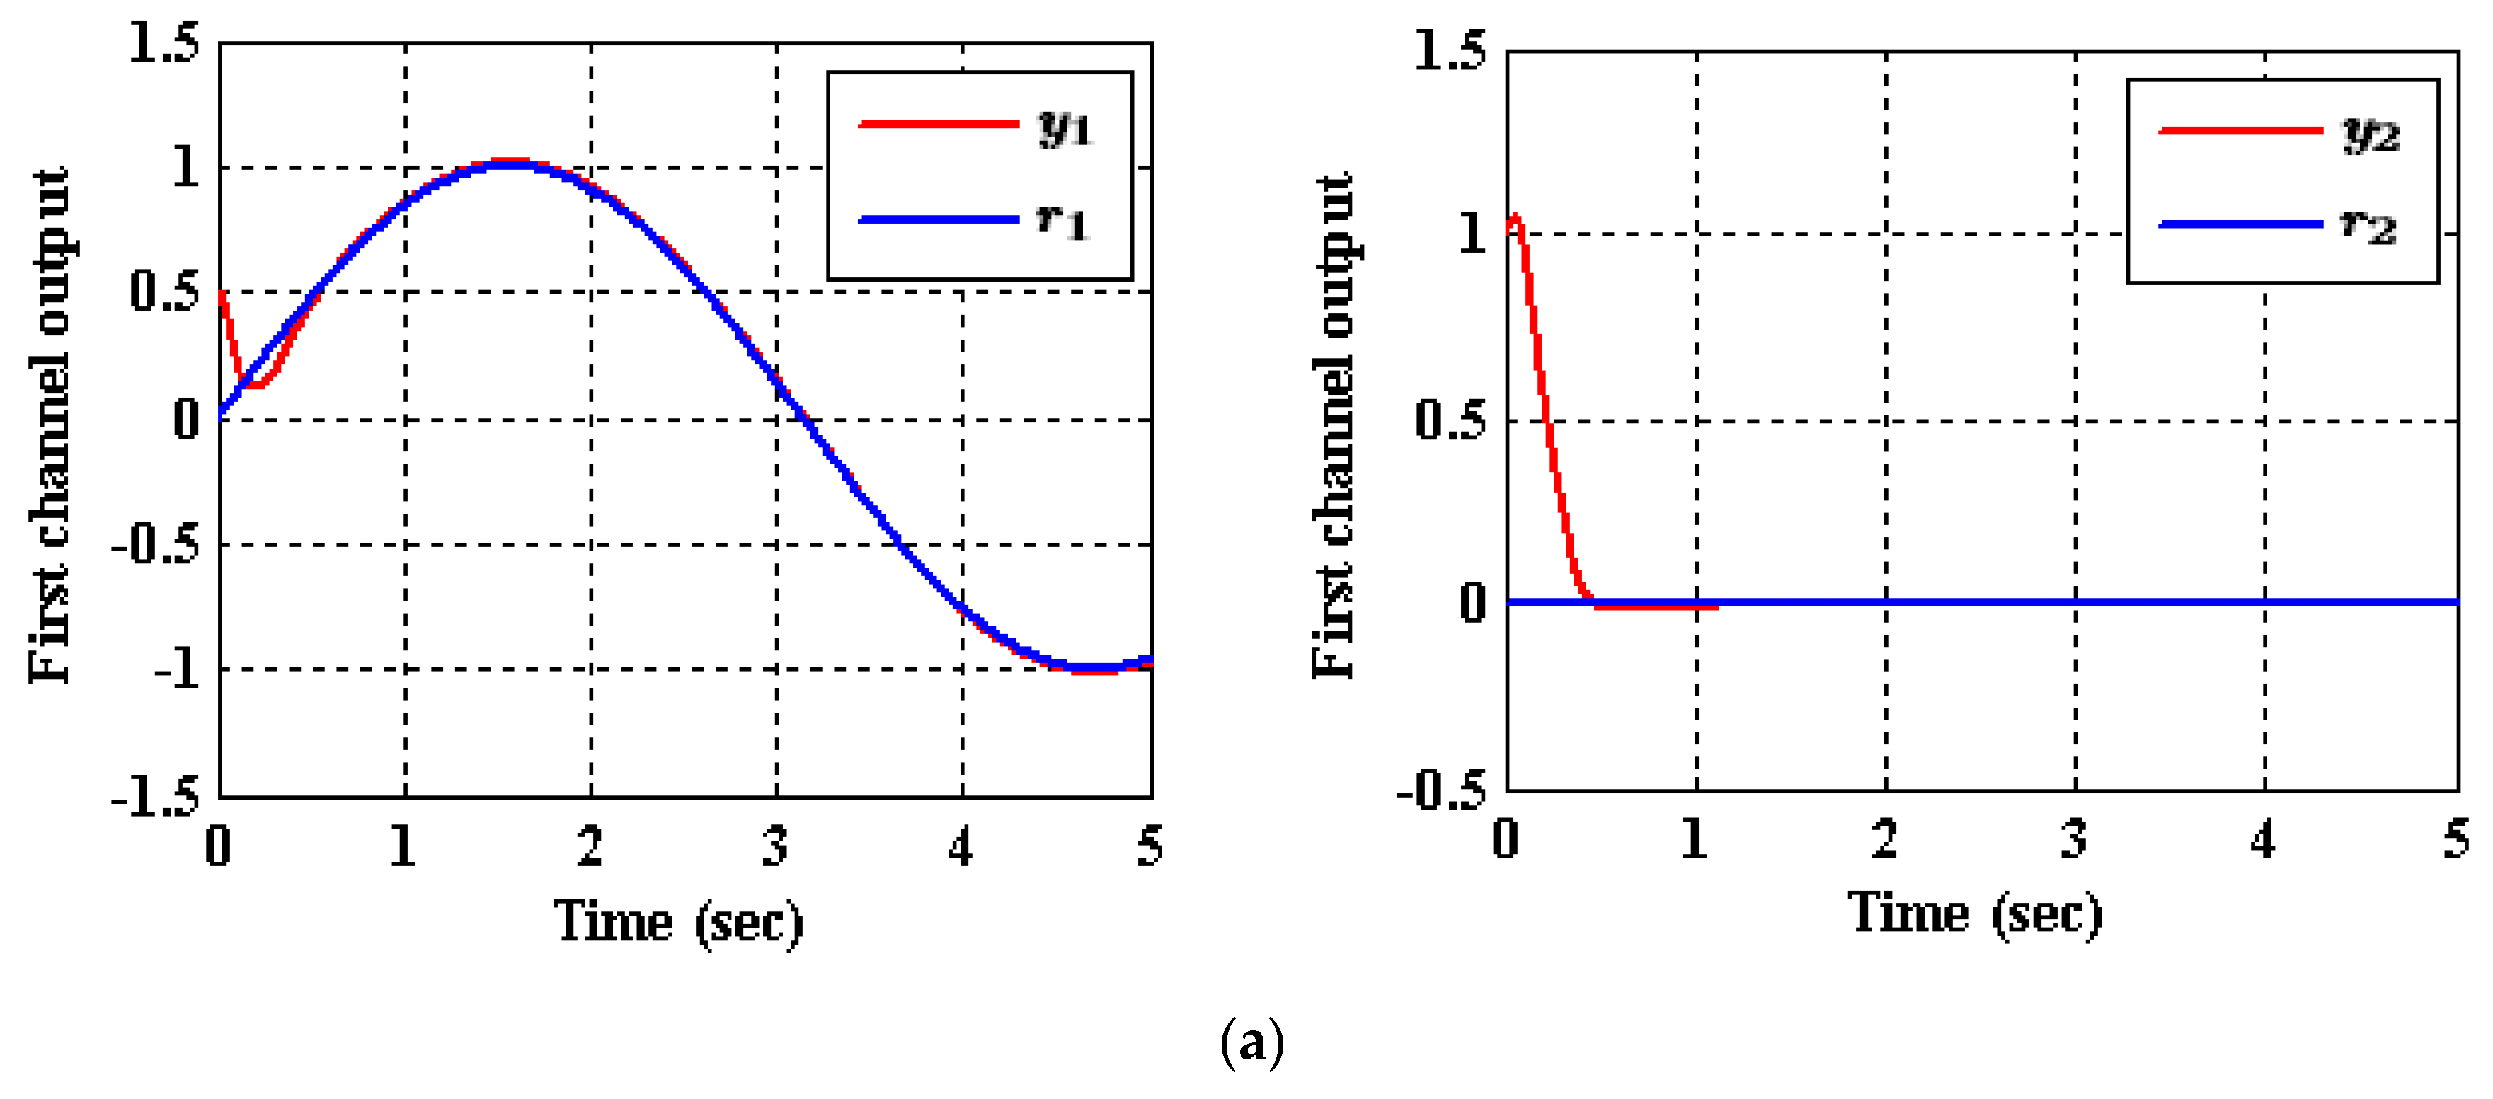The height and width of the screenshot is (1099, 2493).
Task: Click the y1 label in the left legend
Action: (x=1065, y=127)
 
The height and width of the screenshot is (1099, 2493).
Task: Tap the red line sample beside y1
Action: (x=939, y=124)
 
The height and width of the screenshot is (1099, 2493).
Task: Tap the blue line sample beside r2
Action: (x=2240, y=224)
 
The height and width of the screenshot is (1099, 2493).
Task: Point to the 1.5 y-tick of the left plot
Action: (x=164, y=44)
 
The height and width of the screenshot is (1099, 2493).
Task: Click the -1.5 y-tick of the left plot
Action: (x=155, y=797)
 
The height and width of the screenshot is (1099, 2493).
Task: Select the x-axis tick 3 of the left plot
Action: (x=775, y=846)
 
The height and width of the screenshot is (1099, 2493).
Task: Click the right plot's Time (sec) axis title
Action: (x=1974, y=914)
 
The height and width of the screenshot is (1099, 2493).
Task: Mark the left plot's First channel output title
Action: (x=48, y=426)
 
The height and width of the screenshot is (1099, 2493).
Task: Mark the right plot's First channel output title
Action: (x=1334, y=426)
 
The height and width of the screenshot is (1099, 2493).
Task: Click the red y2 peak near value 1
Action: (x=1515, y=219)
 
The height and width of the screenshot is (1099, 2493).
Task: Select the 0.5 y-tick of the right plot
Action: (x=1449, y=420)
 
